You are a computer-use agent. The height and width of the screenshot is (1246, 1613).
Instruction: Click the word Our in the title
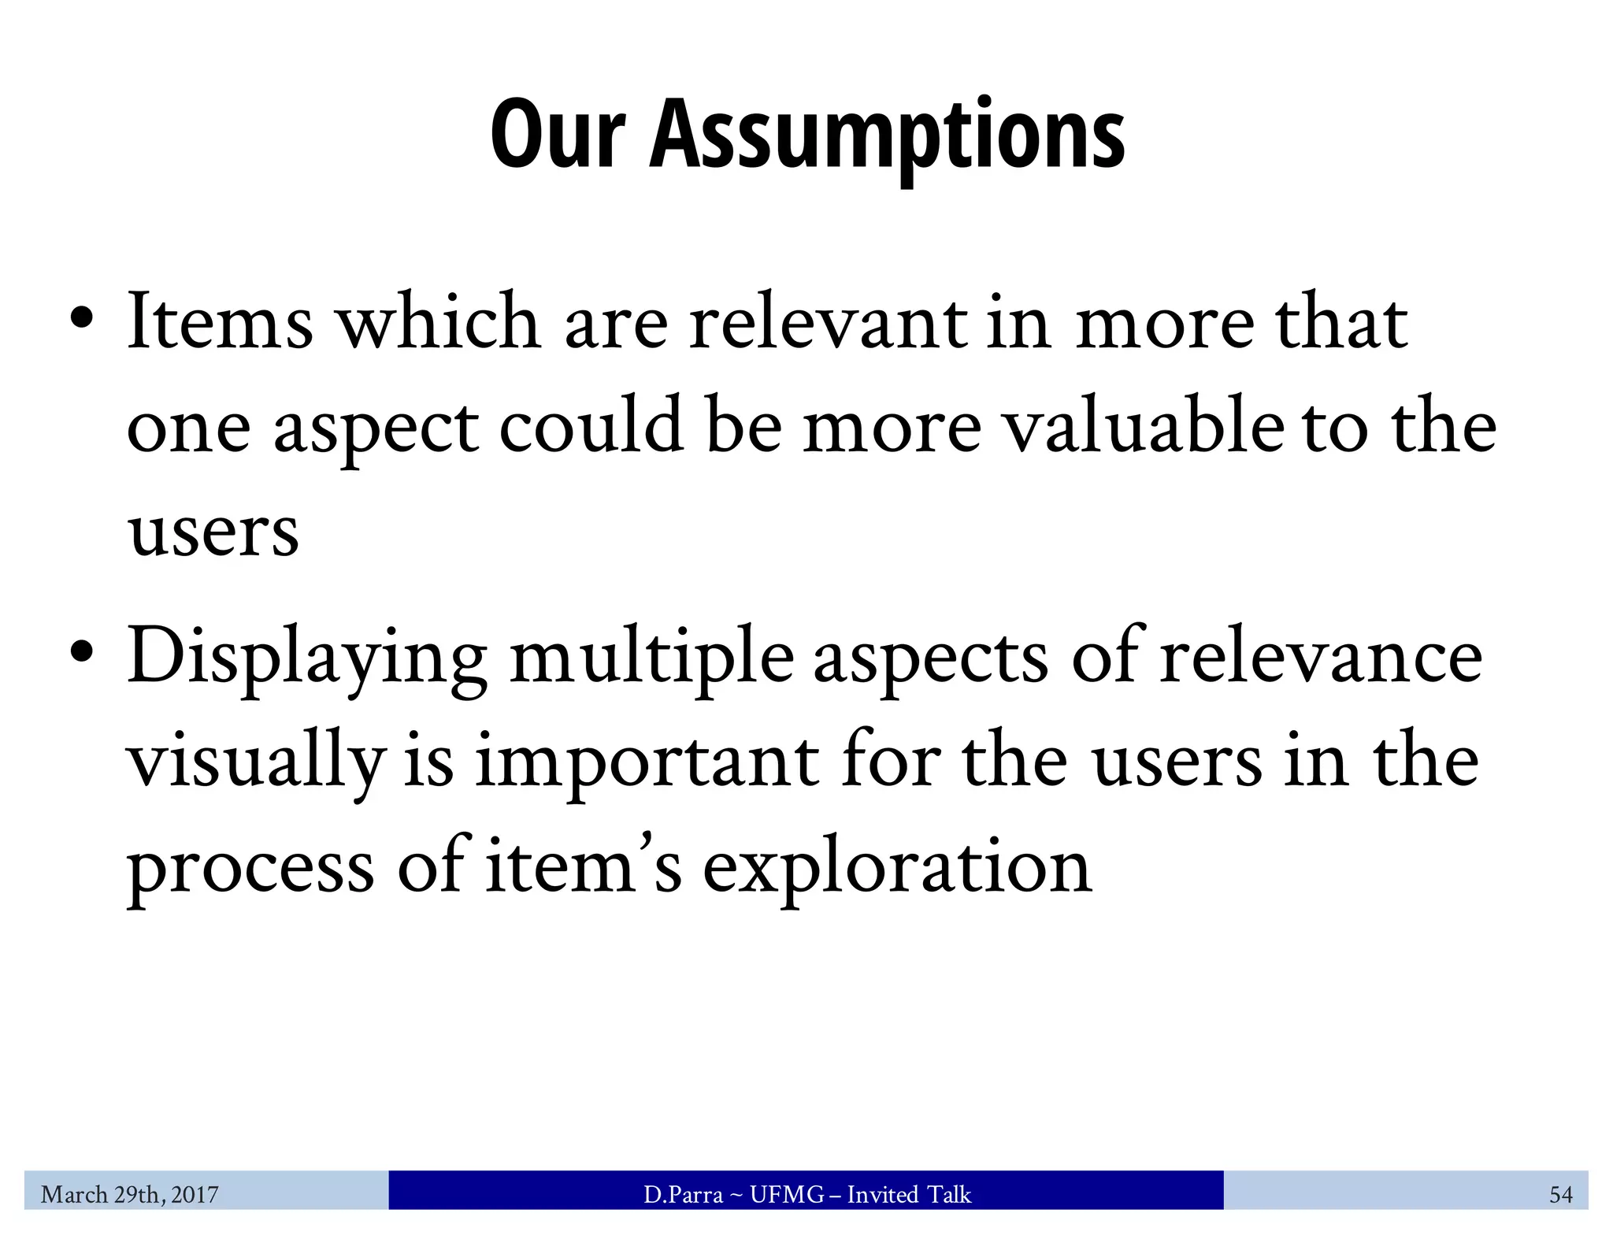tap(558, 134)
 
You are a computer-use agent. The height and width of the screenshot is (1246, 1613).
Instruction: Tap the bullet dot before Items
tap(82, 320)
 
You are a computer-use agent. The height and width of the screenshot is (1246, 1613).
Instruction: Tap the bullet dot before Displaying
tap(82, 654)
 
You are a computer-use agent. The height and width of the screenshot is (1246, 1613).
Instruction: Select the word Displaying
tap(307, 658)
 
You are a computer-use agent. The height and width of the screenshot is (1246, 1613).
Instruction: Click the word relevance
tap(1321, 658)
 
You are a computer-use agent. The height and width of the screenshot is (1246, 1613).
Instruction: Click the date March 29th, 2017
tap(130, 1195)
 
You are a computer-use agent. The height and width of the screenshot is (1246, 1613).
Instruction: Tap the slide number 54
tap(1560, 1195)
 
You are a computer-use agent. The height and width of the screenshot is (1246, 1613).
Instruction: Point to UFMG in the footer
tap(787, 1195)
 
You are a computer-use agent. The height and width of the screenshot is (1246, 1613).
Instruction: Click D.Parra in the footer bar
tap(683, 1195)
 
